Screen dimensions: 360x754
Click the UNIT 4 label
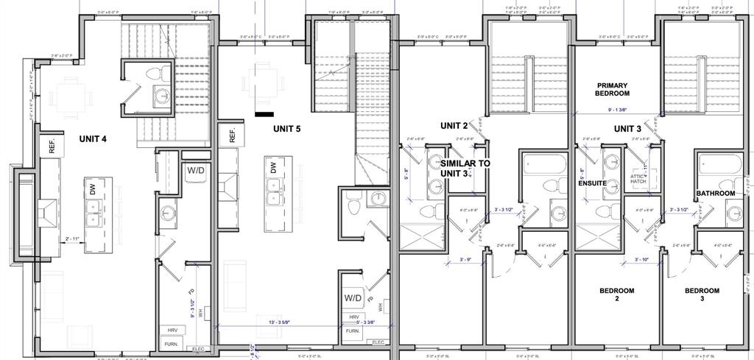(x=94, y=138)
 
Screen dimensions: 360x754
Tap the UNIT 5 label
(x=286, y=128)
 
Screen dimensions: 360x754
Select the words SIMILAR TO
(x=465, y=163)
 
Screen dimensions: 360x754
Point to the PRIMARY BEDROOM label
(x=613, y=90)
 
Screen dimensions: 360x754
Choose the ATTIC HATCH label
(x=638, y=179)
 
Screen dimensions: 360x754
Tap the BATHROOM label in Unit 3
(x=716, y=194)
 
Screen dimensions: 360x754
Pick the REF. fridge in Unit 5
(x=231, y=136)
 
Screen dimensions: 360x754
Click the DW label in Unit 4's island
(x=93, y=188)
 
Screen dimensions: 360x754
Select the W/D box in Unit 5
(x=352, y=299)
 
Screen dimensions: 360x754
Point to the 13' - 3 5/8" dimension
(x=275, y=321)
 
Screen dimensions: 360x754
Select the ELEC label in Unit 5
(x=378, y=342)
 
